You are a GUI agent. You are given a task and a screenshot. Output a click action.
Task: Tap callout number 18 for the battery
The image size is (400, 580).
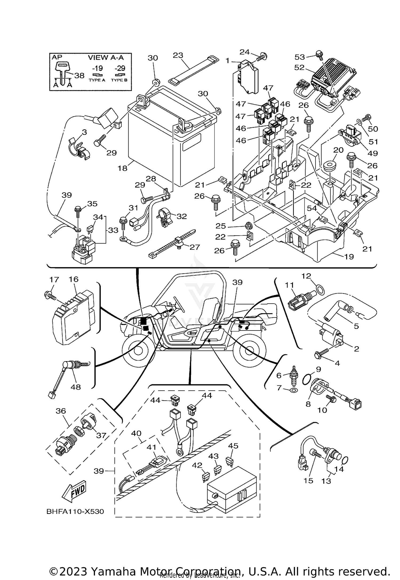coord(122,168)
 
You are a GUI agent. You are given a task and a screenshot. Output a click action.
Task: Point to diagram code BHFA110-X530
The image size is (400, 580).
coord(75,511)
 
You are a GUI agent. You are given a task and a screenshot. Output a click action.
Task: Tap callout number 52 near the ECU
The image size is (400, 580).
coord(299,67)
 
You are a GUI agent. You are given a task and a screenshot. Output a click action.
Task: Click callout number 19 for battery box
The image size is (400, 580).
coord(349,256)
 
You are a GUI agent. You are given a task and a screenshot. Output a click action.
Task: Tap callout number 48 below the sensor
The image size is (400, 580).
coord(75,387)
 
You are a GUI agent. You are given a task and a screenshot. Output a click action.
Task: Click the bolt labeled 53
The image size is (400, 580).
coord(319,54)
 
